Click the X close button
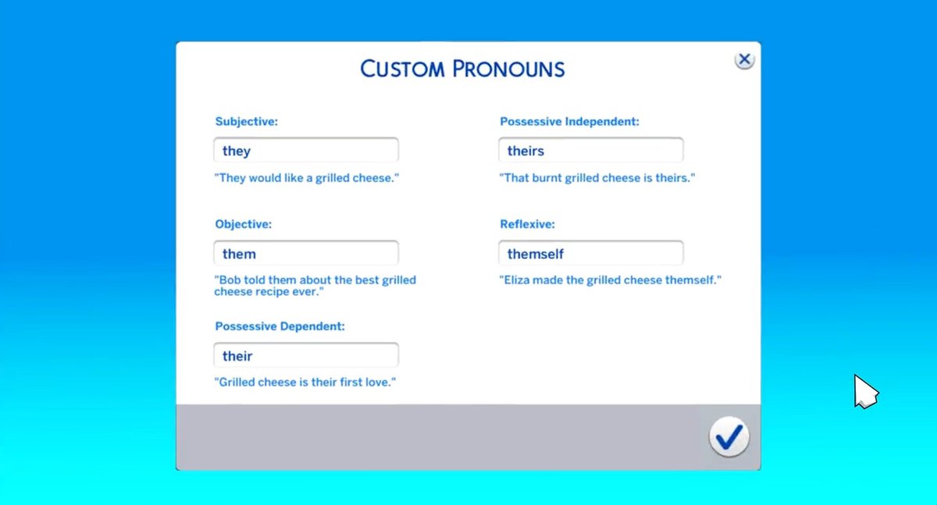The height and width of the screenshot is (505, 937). point(744,60)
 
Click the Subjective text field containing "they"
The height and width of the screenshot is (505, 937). point(306,150)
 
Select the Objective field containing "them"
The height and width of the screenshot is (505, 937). point(306,253)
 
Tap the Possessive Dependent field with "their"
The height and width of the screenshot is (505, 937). point(306,355)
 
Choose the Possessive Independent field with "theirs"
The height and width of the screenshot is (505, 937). point(590,150)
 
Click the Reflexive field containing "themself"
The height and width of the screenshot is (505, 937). point(590,253)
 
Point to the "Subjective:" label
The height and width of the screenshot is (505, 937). point(247,122)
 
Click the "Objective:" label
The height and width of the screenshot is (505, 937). point(243,224)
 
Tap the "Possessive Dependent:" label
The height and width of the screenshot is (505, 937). point(280,326)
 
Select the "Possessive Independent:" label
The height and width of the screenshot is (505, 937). point(569,122)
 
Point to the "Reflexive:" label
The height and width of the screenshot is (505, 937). point(527,224)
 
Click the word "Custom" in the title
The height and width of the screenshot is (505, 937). point(402,69)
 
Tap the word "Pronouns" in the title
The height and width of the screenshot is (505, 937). point(508,69)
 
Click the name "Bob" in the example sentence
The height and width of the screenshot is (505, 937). point(230,280)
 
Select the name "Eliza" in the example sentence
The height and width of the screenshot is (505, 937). point(516,280)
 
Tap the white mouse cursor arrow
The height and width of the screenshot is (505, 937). point(865,391)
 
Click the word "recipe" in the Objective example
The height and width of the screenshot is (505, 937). point(272,292)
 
